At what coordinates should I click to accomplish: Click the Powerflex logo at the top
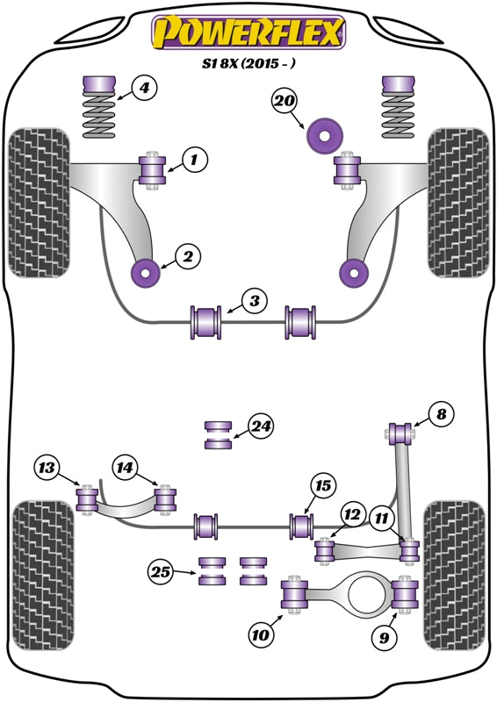point(248,33)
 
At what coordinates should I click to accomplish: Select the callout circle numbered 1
point(195,160)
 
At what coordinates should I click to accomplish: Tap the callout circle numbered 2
point(187,257)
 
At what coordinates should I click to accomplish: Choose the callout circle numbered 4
point(145,88)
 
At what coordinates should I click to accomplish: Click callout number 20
point(285,101)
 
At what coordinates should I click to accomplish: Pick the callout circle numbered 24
point(260,427)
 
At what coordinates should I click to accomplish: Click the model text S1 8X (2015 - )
point(248,64)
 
